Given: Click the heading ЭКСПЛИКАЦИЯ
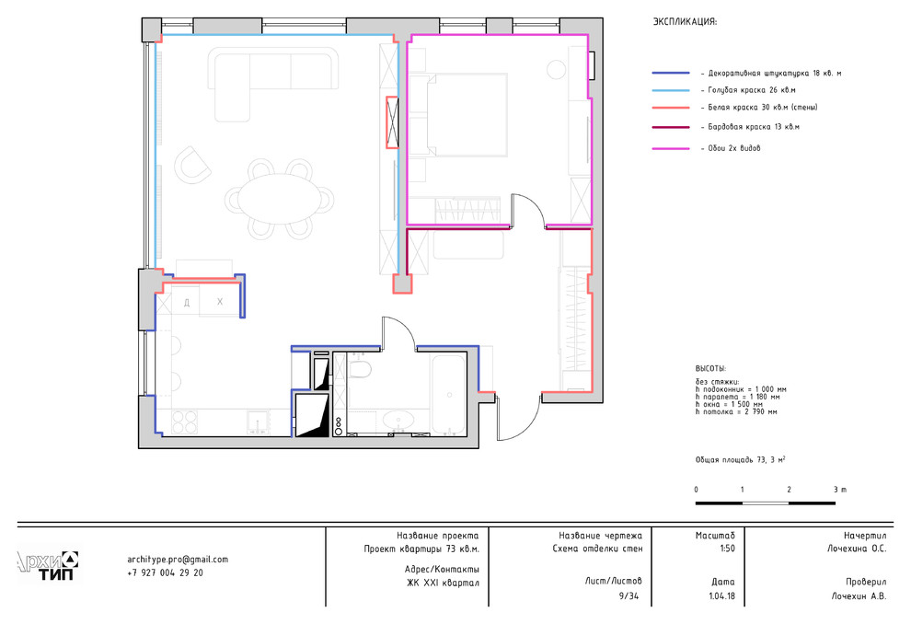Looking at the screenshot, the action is pos(685,22).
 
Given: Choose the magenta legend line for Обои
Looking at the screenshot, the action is pos(671,149).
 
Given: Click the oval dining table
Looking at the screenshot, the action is pos(280,199).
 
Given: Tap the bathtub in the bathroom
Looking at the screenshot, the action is pos(448,394).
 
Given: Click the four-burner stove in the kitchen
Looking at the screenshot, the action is pos(185,422).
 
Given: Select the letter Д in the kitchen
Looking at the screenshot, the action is pos(187,302).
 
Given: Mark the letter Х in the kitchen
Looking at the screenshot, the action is pos(220,302).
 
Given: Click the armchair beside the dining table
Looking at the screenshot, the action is pos(193,165).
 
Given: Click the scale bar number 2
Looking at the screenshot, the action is pos(789,490).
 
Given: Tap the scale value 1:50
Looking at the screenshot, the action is pos(726,549).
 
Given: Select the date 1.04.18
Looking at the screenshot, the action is pos(721,596).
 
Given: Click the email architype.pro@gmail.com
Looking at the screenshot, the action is pos(178,560).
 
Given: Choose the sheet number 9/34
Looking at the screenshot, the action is pos(628,596).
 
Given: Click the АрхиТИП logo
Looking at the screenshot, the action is pos(48,566).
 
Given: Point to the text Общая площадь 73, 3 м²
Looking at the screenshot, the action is pos(741,459).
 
